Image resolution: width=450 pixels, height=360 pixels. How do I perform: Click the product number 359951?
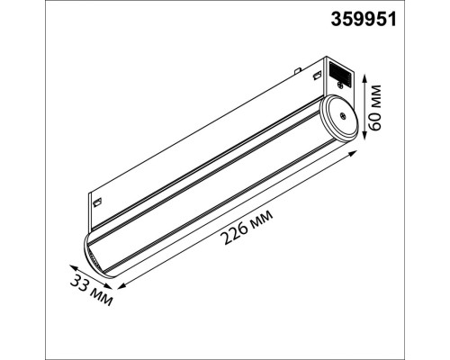tap(364, 20)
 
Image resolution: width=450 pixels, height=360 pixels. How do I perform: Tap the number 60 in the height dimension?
tap(374, 119)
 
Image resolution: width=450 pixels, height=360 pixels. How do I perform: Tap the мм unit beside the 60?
tap(375, 94)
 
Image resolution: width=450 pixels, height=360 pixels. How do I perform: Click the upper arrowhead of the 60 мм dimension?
tap(364, 78)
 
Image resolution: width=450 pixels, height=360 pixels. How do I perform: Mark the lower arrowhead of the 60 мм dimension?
tap(364, 136)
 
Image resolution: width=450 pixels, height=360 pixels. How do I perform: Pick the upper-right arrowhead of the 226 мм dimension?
tap(353, 153)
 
